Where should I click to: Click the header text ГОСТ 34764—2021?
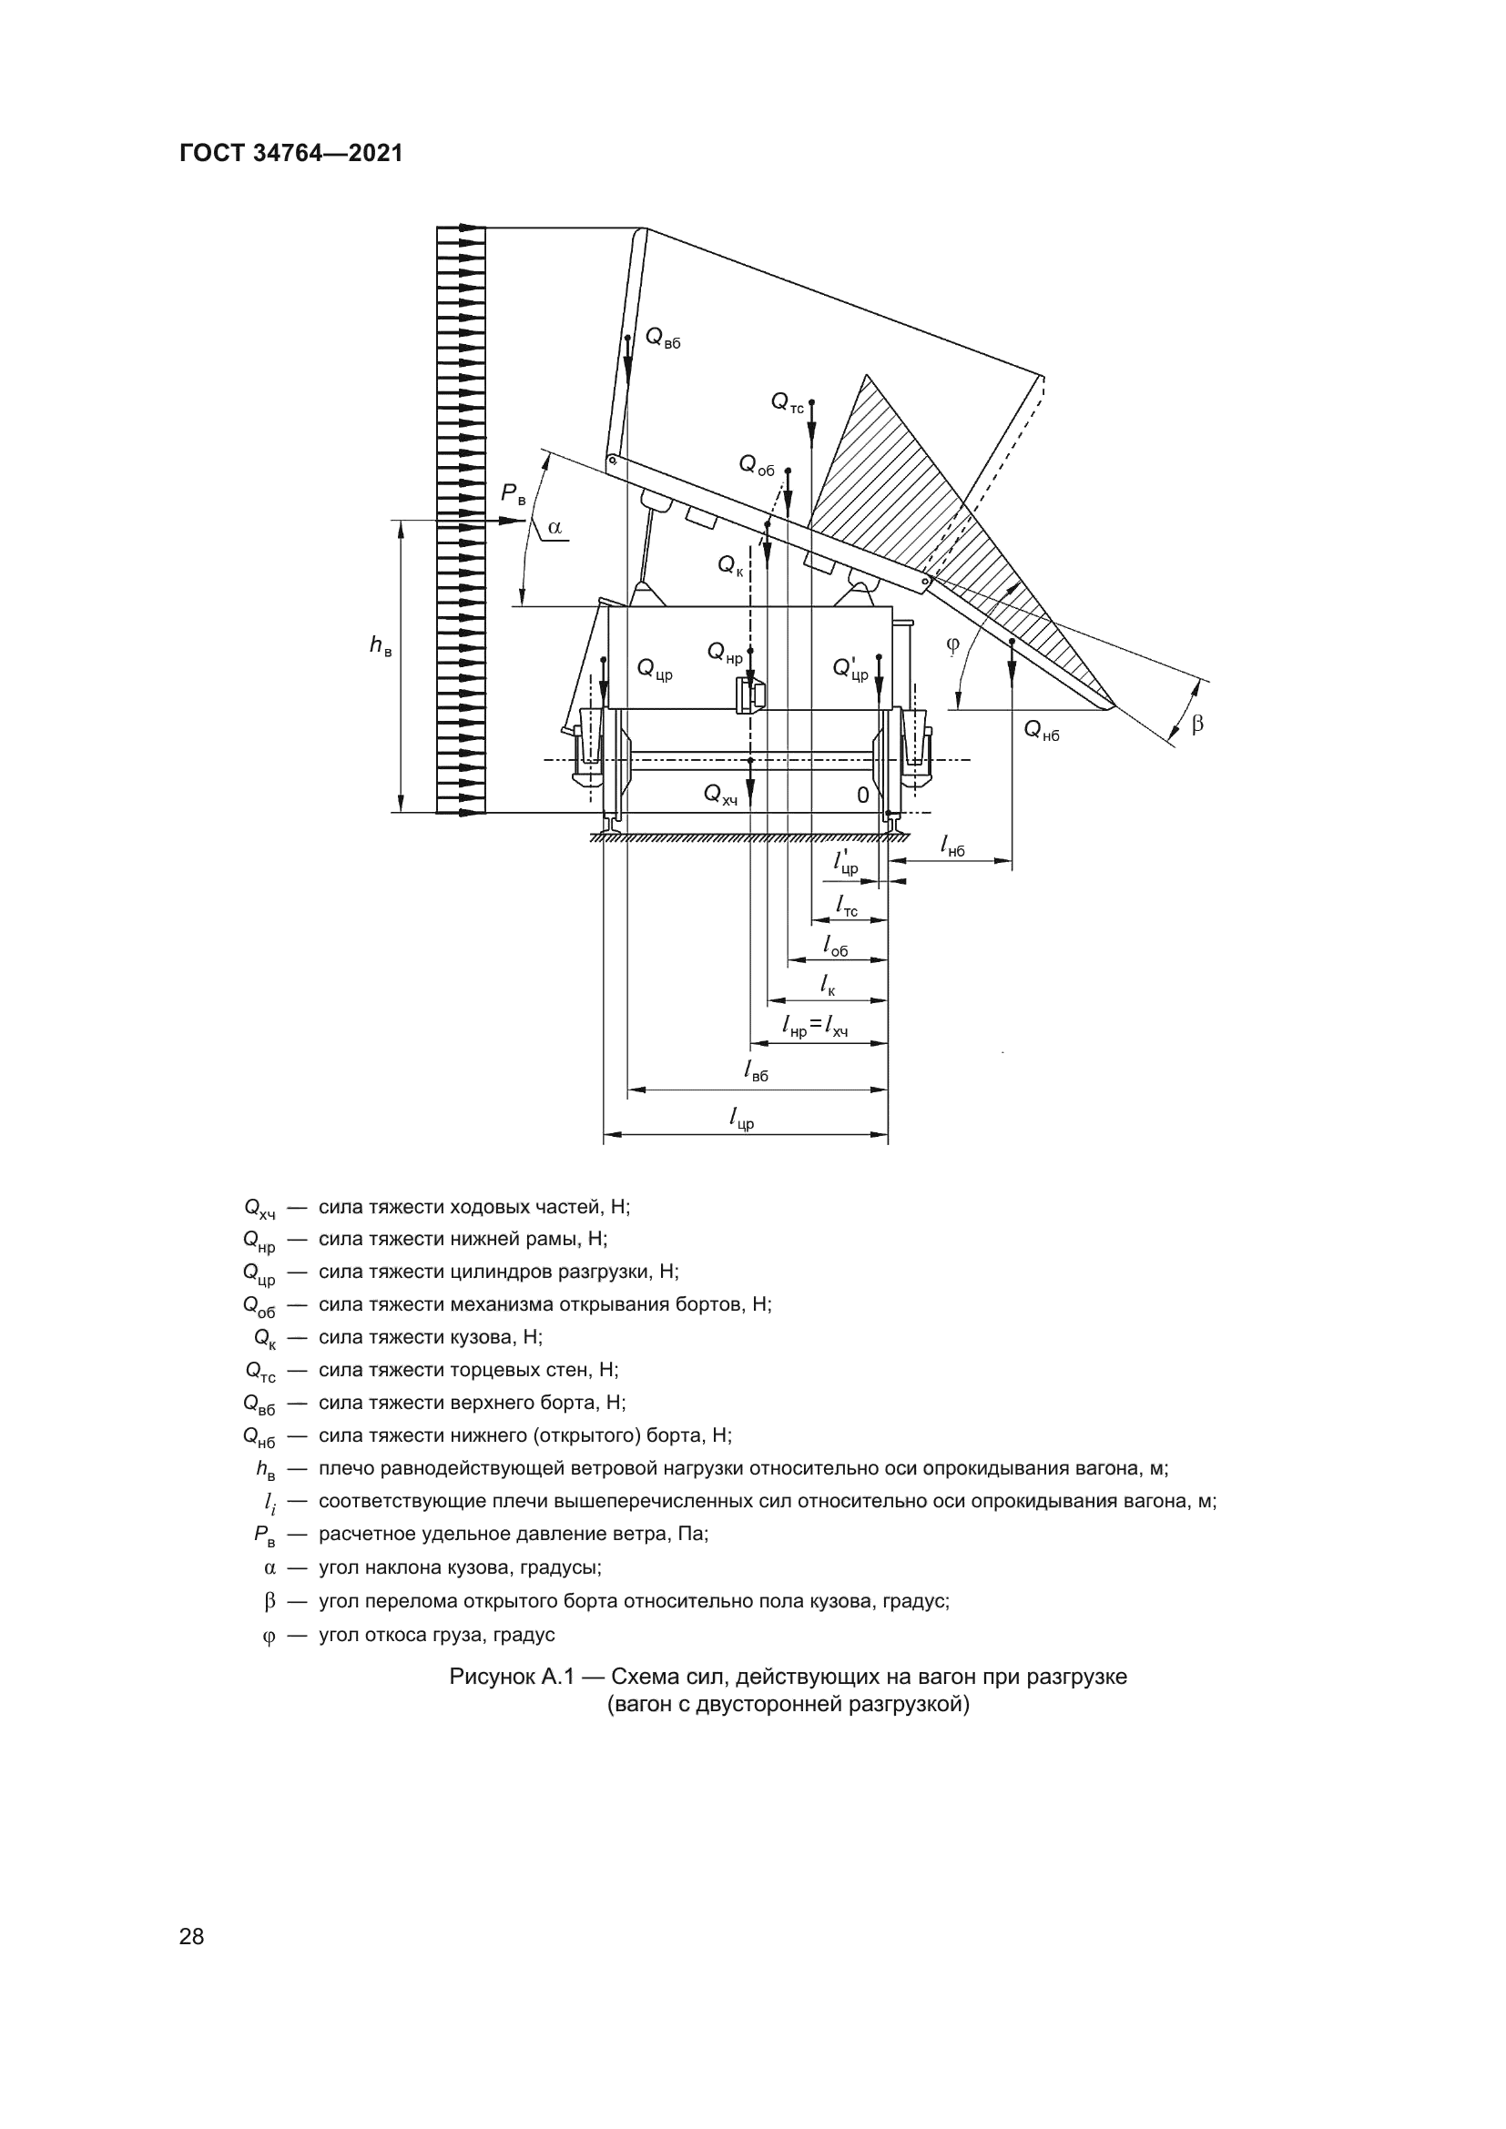pyautogui.click(x=291, y=153)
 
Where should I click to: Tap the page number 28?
pyautogui.click(x=191, y=1936)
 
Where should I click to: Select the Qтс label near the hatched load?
pyautogui.click(x=788, y=402)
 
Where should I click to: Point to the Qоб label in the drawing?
pyautogui.click(x=756, y=465)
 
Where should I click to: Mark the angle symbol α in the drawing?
pyautogui.click(x=555, y=528)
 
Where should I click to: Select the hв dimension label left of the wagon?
pyautogui.click(x=381, y=646)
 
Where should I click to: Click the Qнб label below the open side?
pyautogui.click(x=1041, y=731)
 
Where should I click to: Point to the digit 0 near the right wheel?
pyautogui.click(x=862, y=796)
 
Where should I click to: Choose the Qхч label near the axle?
pyautogui.click(x=720, y=795)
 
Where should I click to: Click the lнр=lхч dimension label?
pyautogui.click(x=815, y=1027)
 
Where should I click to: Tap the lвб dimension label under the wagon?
pyautogui.click(x=756, y=1071)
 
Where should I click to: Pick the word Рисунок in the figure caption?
pyautogui.click(x=491, y=1677)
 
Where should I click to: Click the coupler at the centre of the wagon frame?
pyautogui.click(x=750, y=695)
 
